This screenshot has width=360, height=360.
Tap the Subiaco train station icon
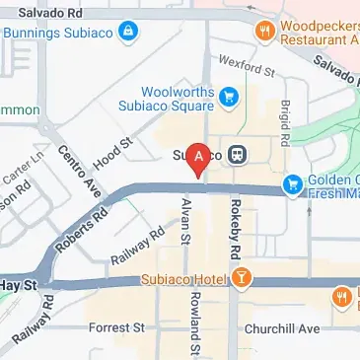[x=237, y=155]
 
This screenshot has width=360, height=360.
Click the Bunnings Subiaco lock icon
[x=127, y=33]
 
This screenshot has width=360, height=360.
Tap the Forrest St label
[x=116, y=326]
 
